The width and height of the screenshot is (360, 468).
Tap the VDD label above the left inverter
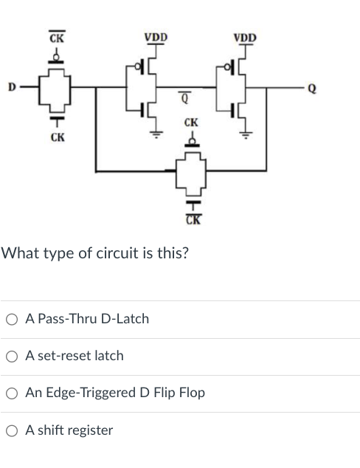[x=156, y=37]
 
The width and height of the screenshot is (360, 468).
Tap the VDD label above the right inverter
[x=245, y=37]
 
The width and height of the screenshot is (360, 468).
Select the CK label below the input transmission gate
[x=55, y=137]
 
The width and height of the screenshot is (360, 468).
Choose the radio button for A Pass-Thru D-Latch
[x=12, y=319]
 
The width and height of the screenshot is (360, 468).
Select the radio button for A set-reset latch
[x=12, y=356]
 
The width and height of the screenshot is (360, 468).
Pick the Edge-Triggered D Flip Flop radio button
[x=12, y=393]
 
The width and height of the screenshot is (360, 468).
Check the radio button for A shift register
[x=12, y=430]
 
